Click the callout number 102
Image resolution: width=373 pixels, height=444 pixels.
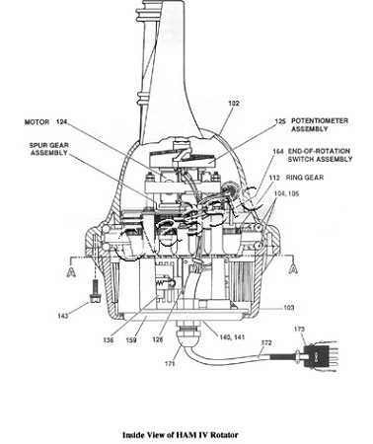click(x=234, y=104)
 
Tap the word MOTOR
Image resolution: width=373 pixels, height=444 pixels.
click(x=37, y=122)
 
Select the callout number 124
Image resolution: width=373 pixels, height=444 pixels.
click(x=61, y=122)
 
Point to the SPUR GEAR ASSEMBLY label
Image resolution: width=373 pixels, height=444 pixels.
click(x=49, y=149)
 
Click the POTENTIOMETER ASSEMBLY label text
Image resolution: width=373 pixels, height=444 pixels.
click(x=320, y=125)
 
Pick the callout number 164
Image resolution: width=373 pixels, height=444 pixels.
click(x=278, y=151)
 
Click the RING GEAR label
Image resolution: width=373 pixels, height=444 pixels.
click(x=305, y=178)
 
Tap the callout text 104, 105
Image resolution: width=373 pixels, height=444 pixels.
click(x=286, y=193)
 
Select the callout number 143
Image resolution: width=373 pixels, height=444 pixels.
click(x=63, y=316)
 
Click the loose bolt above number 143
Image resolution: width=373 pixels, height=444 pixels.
click(x=95, y=290)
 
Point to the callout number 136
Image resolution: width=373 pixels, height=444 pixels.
click(x=109, y=339)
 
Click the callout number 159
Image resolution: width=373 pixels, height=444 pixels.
click(x=131, y=339)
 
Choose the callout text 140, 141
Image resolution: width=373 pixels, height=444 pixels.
click(x=232, y=337)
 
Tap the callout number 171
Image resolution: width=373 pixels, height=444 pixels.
click(x=170, y=364)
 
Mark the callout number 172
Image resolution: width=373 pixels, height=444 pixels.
click(x=266, y=342)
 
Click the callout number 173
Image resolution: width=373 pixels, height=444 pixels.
click(x=299, y=329)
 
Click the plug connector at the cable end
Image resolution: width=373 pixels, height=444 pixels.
click(x=318, y=356)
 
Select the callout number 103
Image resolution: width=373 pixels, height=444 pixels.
click(x=288, y=308)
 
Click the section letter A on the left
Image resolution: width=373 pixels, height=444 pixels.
click(x=71, y=272)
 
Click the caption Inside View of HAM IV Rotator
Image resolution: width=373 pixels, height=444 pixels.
click(x=181, y=435)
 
